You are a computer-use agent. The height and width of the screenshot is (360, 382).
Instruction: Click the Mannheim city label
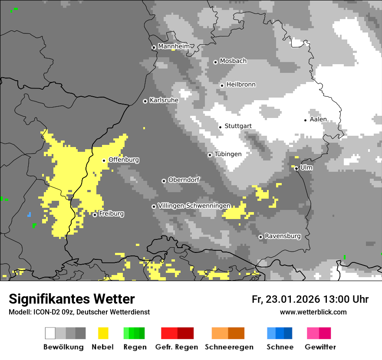pyautogui.click(x=174, y=46)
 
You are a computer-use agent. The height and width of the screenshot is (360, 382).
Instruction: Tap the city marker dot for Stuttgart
pyautogui.click(x=220, y=127)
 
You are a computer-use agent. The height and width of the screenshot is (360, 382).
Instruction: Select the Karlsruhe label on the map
pyautogui.click(x=164, y=100)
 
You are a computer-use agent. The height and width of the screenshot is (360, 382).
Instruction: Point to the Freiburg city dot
pyautogui.click(x=95, y=215)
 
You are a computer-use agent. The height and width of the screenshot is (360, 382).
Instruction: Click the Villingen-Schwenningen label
pyautogui.click(x=194, y=206)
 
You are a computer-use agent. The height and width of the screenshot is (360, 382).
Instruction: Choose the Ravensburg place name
pyautogui.click(x=283, y=236)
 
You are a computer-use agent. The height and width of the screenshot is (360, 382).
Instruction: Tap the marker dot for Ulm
pyautogui.click(x=296, y=168)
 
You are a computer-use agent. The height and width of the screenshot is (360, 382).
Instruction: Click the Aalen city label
pyautogui.click(x=318, y=119)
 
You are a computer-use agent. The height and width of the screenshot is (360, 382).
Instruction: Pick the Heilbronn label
pyautogui.click(x=241, y=85)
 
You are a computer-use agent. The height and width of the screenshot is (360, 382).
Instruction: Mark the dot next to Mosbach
pyautogui.click(x=215, y=62)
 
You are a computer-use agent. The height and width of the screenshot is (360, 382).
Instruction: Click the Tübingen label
pyautogui.click(x=228, y=154)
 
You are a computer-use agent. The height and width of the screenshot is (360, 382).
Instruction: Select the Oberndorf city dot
pyautogui.click(x=164, y=181)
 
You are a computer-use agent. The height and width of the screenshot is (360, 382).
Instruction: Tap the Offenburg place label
pyautogui.click(x=124, y=160)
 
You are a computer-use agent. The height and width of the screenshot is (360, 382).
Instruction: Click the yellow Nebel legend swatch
pyautogui.click(x=103, y=333)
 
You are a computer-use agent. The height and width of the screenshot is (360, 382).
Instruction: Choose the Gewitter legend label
pyautogui.click(x=320, y=347)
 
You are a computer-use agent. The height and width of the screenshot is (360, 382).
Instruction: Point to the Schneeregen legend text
pyautogui.click(x=229, y=347)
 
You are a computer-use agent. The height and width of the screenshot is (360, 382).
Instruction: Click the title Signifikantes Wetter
pyautogui.click(x=72, y=299)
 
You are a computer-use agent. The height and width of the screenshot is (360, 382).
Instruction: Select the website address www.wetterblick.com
pyautogui.click(x=313, y=312)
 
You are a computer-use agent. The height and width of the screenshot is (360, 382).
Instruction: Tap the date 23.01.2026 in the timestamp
pyautogui.click(x=292, y=299)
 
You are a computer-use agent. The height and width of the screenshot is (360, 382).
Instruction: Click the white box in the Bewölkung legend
pyautogui.click(x=50, y=333)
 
